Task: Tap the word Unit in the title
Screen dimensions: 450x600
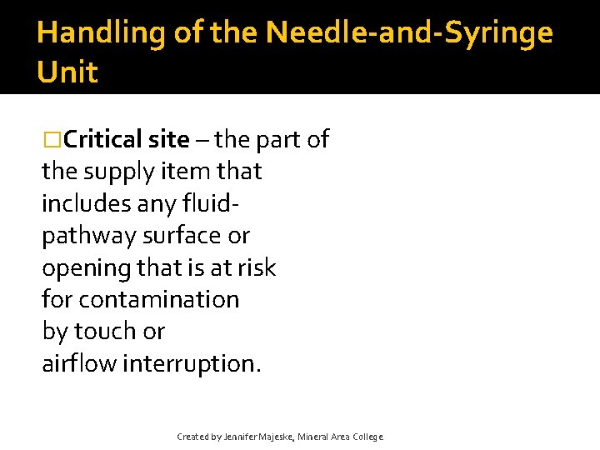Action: [x=67, y=72]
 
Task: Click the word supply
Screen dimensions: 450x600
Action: [x=123, y=172]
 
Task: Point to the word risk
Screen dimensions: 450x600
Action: [x=255, y=267]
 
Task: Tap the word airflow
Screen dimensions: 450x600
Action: [x=79, y=363]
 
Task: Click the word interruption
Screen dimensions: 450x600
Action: [x=192, y=363]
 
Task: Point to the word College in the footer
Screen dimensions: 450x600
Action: [x=367, y=437]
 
